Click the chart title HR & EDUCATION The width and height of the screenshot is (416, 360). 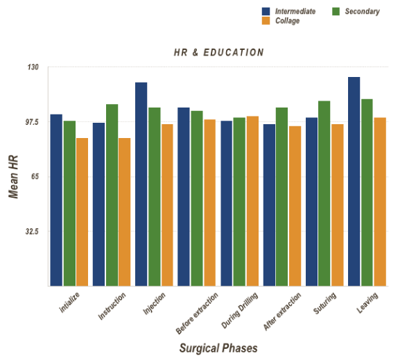pos(218,52)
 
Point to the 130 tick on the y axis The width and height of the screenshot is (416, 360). pos(33,67)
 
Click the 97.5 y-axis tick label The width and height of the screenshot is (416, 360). pos(32,122)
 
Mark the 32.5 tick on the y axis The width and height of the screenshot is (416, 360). pos(32,232)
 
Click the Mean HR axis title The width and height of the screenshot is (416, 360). pos(13,176)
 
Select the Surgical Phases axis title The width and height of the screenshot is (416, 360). pos(218,347)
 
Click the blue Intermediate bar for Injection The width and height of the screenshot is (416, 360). pos(141,184)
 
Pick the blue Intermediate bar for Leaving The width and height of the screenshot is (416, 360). pos(354,181)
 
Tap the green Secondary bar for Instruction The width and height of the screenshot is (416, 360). pos(112,195)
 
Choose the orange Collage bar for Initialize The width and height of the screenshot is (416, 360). pos(82,212)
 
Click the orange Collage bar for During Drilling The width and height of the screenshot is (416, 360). pos(252,201)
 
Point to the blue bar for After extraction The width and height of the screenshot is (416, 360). pos(269,205)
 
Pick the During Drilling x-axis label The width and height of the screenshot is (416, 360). pos(239,310)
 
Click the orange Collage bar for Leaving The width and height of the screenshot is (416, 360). pos(380,201)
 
